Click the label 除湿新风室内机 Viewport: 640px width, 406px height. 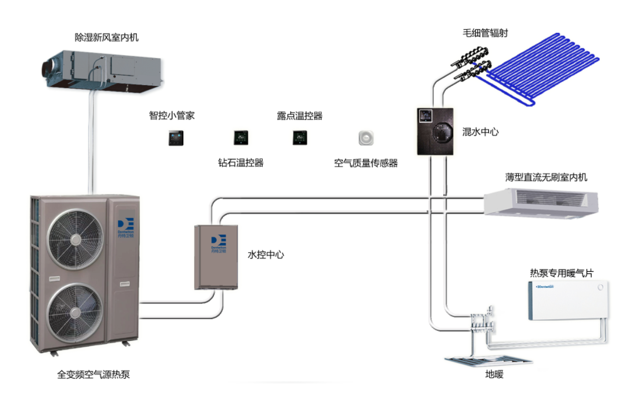coord(106,37)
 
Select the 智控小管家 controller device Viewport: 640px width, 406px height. coord(176,138)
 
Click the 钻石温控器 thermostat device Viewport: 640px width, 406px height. coord(241,138)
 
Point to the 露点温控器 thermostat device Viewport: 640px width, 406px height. coord(300,138)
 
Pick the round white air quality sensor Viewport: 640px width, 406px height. coord(366,138)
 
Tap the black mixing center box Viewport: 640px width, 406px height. coord(435,131)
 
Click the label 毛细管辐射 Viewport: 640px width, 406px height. coord(485,33)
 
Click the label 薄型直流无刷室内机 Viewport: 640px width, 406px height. coord(546,177)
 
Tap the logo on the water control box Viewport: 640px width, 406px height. coord(218,246)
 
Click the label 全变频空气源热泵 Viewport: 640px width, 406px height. coord(93,374)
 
